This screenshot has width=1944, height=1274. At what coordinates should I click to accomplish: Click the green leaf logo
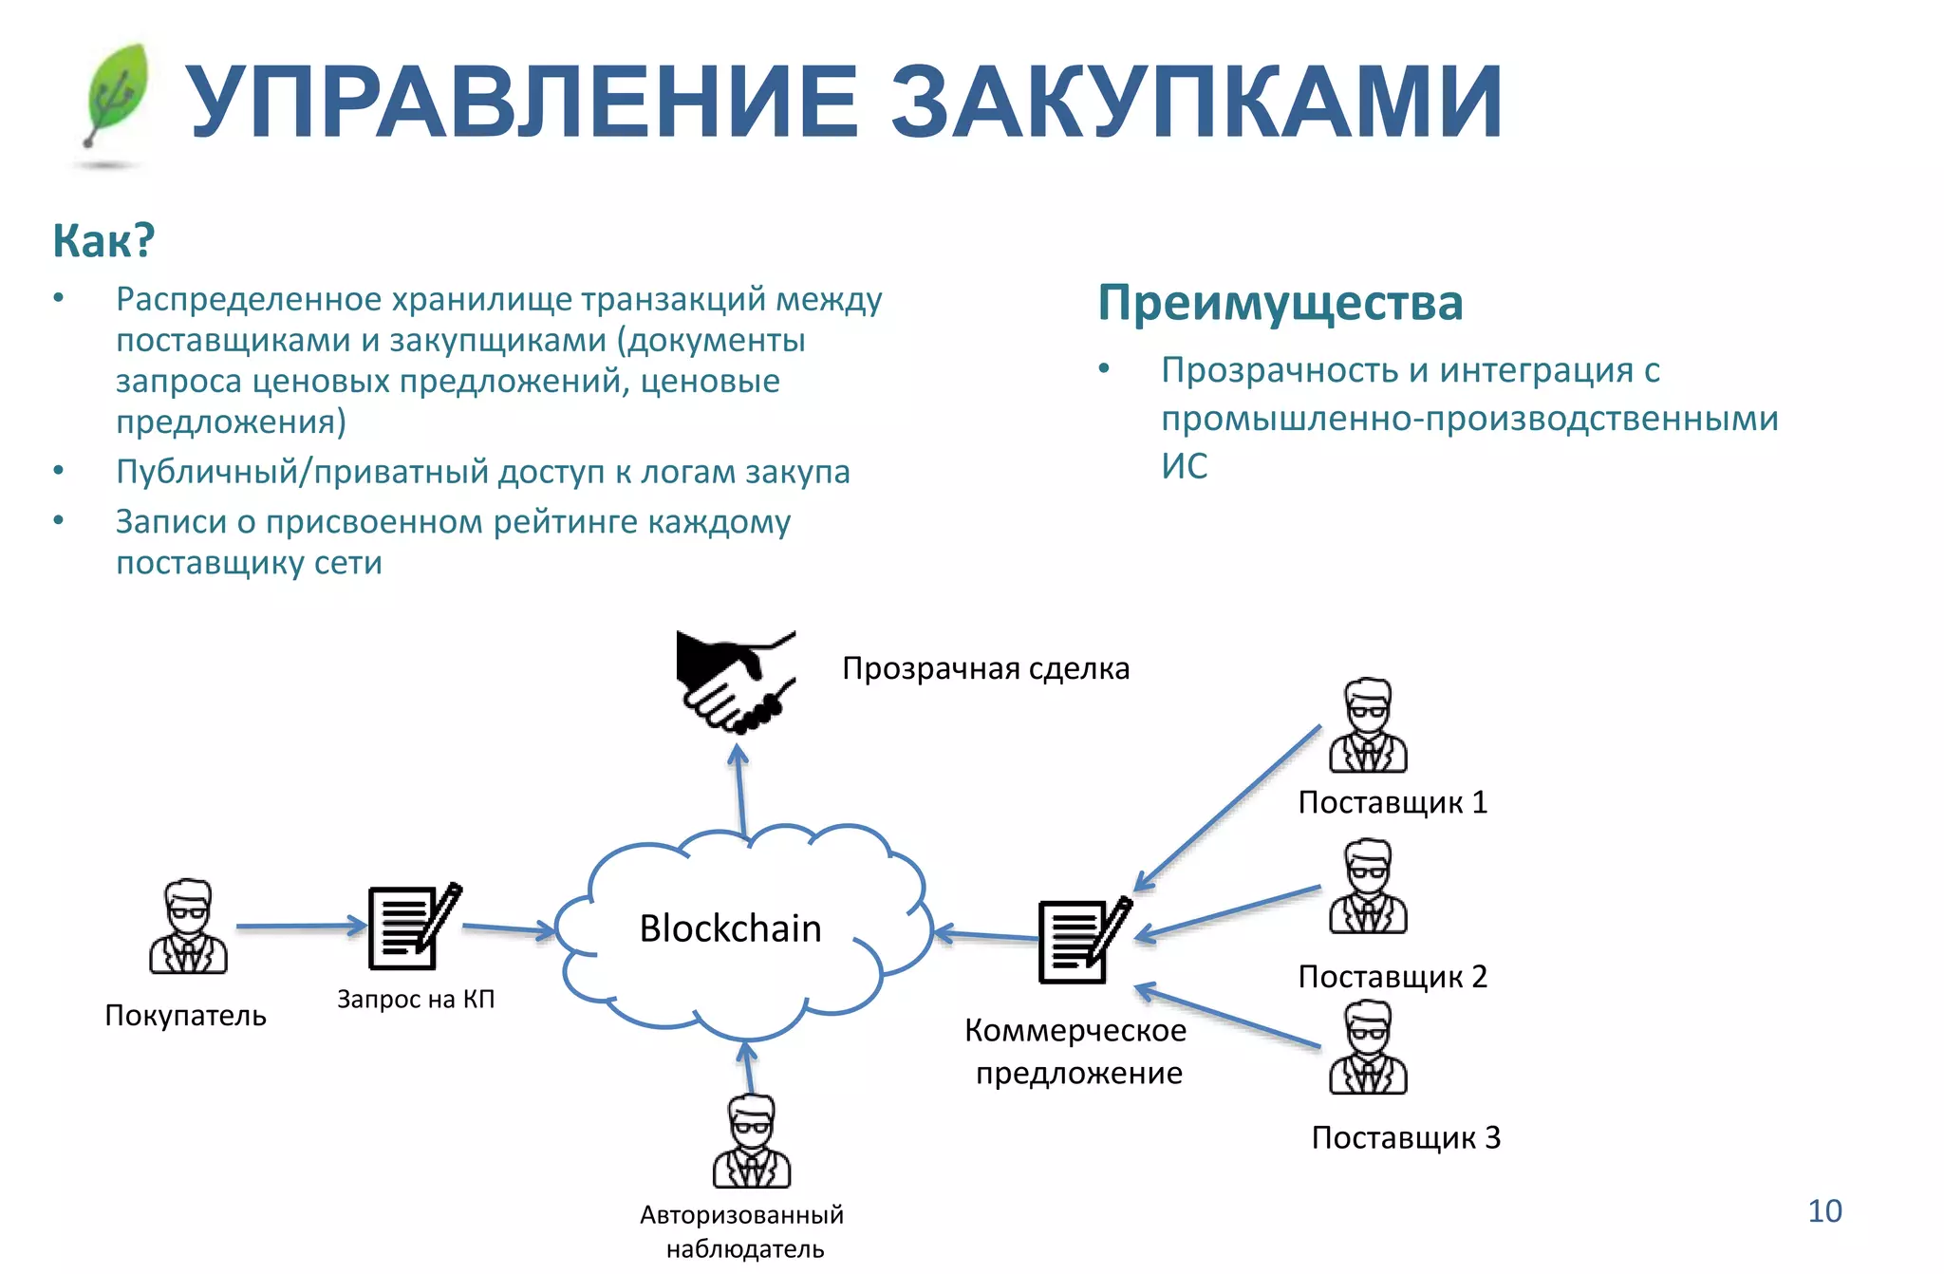tap(117, 95)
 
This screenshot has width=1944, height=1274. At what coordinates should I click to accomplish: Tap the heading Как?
tap(103, 240)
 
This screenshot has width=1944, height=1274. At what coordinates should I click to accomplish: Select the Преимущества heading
tap(1280, 303)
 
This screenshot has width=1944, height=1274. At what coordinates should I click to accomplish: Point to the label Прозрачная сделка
tap(985, 668)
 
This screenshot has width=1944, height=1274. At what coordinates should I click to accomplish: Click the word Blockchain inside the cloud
tap(730, 928)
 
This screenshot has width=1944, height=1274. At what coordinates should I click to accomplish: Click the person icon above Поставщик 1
tap(1368, 725)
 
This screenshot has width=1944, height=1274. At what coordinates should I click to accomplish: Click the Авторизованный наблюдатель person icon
tap(752, 1141)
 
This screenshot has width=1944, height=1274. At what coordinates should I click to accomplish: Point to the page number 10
tap(1824, 1211)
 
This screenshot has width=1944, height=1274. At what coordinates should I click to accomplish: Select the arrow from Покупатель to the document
tap(300, 926)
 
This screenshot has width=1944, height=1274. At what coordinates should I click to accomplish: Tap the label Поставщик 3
tap(1406, 1137)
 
